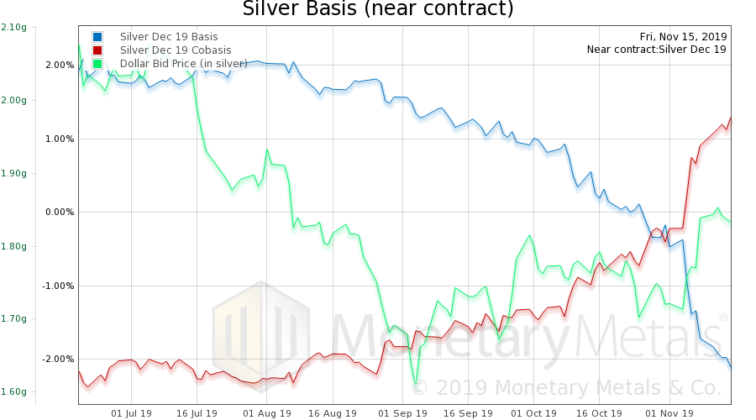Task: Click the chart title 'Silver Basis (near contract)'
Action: [377, 9]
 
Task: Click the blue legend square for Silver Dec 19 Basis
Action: [98, 37]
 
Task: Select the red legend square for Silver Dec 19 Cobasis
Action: [98, 50]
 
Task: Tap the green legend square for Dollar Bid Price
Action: [98, 63]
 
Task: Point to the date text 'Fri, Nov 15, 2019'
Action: [683, 36]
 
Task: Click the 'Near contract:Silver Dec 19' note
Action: [657, 50]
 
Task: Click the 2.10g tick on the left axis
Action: [13, 27]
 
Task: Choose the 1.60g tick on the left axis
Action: [13, 391]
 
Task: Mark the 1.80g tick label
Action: [13, 246]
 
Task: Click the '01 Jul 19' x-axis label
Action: [132, 413]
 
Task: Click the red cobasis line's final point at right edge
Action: [731, 118]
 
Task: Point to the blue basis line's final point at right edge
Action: [731, 367]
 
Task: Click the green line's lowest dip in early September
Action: [415, 383]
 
